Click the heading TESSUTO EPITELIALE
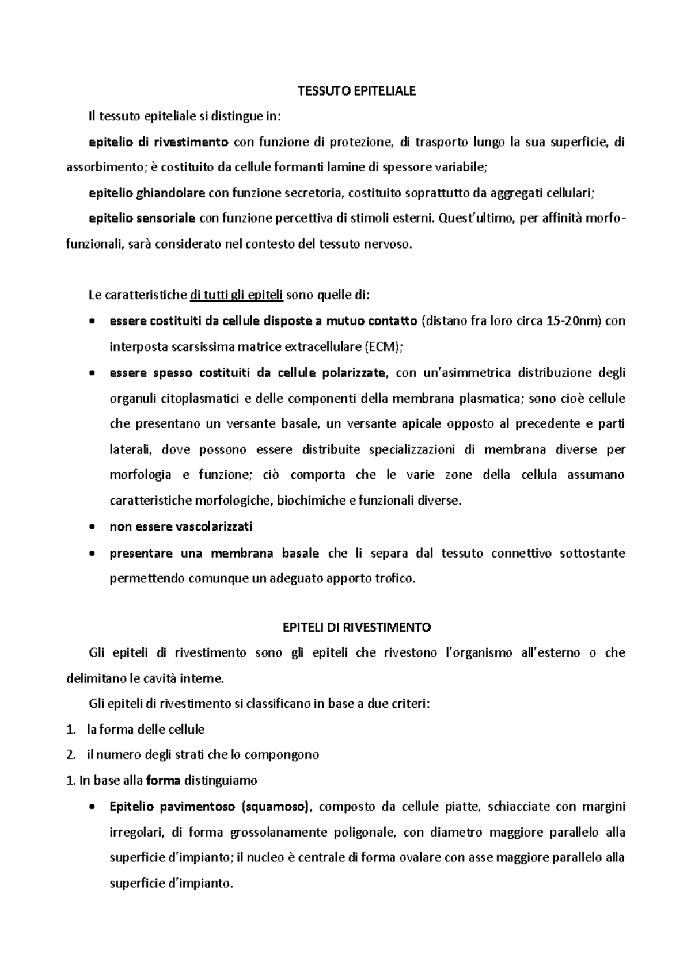pos(356,91)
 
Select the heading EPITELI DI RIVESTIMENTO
pos(357,627)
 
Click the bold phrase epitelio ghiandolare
pos(147,193)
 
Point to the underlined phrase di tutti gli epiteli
pos(236,296)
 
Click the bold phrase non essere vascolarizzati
pos(181,526)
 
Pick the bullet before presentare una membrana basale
pos(93,554)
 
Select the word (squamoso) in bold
pos(275,807)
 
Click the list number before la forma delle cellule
pos(71,730)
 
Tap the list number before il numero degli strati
pos(71,754)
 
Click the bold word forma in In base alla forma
pos(164,781)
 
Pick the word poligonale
pos(368,833)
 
